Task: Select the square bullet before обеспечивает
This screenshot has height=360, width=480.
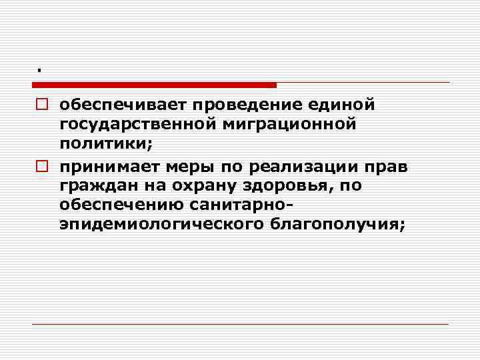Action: coord(40,105)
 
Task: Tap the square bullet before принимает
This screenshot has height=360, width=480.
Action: coord(40,166)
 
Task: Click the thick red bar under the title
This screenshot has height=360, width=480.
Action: coord(154,85)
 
